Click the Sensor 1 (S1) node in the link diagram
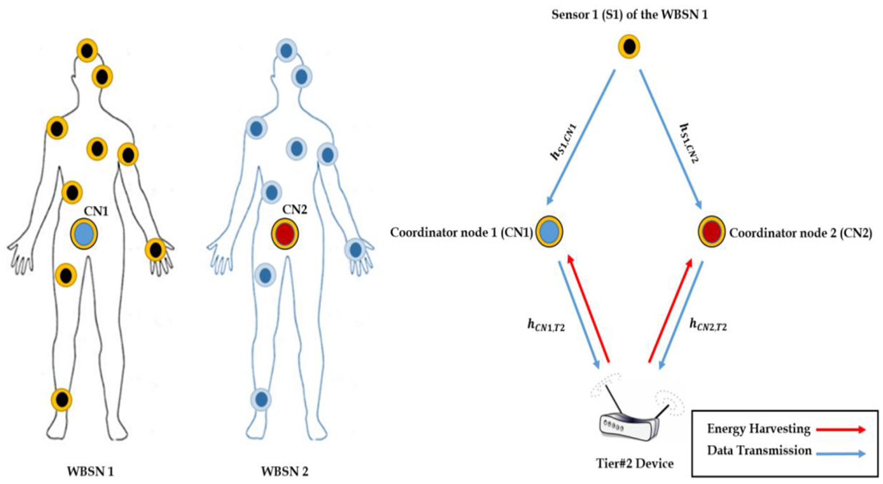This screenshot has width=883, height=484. [x=629, y=47]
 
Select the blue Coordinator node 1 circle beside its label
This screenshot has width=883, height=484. [x=549, y=231]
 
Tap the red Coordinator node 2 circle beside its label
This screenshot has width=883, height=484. [x=711, y=231]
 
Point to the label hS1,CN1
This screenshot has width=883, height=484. [x=564, y=141]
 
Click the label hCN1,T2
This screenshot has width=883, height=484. [x=546, y=325]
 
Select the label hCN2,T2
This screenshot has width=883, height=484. [x=708, y=325]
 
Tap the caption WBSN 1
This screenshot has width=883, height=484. [x=90, y=472]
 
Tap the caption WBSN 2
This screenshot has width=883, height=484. [x=284, y=472]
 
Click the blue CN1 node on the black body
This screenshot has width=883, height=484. [x=84, y=233]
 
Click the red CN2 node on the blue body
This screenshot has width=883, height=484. [x=285, y=233]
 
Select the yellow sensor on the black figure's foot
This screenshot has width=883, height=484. [x=62, y=400]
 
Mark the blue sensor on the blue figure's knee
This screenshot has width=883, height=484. [x=261, y=400]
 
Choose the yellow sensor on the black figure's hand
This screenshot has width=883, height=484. [x=155, y=250]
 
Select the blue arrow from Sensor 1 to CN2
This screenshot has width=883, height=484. [x=670, y=139]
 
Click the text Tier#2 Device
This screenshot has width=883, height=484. [x=634, y=463]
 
